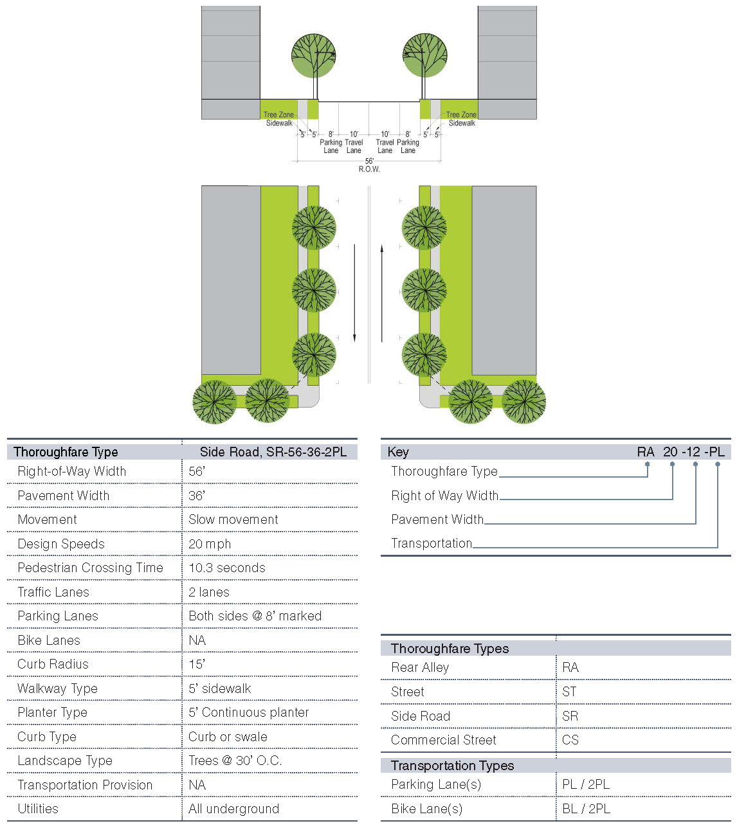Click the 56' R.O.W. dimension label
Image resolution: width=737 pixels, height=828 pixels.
coord(369,165)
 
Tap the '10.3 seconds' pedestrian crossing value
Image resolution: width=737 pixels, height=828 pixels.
coord(227,568)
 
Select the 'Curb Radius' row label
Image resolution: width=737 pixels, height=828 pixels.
coord(53,664)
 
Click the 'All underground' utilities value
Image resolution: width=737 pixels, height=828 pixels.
coord(233,809)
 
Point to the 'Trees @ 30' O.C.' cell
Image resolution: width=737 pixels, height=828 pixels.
coord(235,760)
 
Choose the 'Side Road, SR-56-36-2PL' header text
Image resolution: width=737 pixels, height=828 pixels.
coord(273,452)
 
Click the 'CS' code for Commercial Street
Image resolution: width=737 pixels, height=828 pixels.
coord(570,740)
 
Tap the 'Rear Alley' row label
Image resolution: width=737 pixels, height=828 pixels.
coord(420,667)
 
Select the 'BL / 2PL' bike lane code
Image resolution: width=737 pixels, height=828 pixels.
coord(586,809)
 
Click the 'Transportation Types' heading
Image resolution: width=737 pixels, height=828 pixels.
coord(452,766)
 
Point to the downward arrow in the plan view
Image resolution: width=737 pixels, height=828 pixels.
coord(354,293)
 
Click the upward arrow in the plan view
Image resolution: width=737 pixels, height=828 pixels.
coord(382,293)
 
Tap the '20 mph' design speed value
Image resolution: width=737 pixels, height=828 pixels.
coord(210,544)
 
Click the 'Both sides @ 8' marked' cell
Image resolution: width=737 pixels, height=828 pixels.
coord(255,616)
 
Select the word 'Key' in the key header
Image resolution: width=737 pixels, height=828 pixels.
coord(398,452)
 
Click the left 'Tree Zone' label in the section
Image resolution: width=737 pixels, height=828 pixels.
coord(278,115)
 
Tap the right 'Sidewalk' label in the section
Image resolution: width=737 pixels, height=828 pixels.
coord(462,123)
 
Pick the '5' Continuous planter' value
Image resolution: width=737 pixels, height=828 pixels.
coord(249,712)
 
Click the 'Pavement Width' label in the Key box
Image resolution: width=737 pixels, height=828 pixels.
coord(437,519)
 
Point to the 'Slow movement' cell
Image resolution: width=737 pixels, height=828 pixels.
coord(233,519)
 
